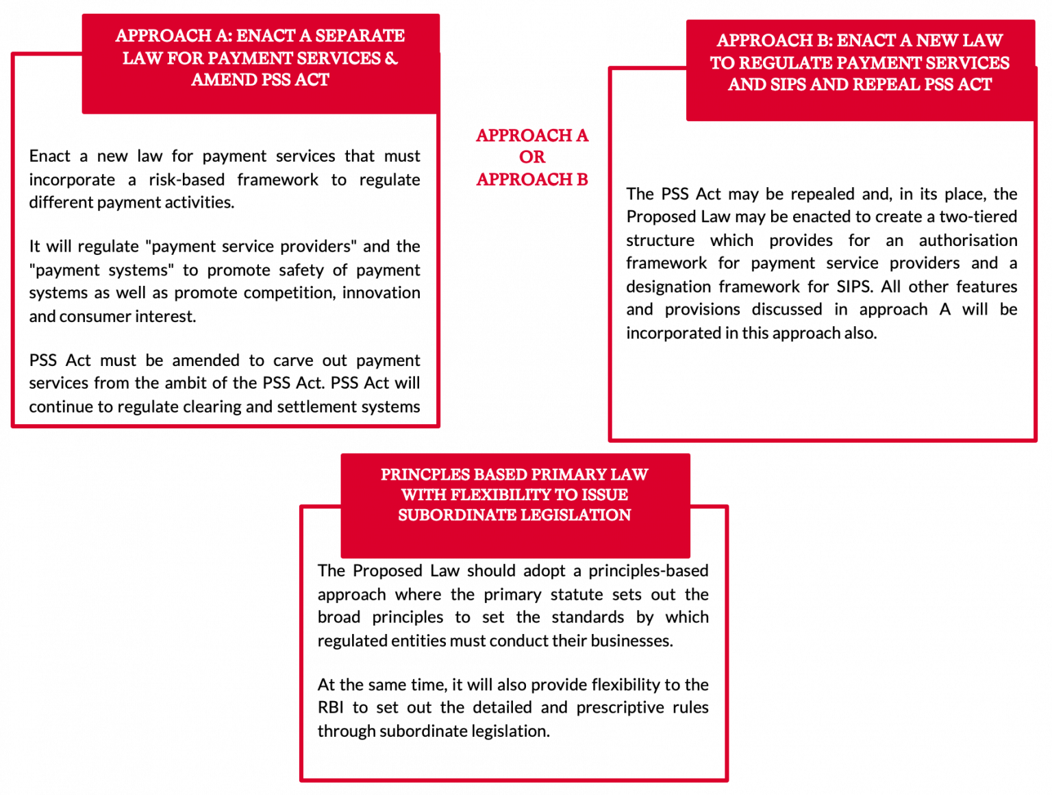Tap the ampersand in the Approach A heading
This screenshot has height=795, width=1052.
pyautogui.click(x=391, y=58)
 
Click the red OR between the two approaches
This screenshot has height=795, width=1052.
pyautogui.click(x=532, y=158)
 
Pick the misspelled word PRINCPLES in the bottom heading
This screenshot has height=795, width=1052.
pyautogui.click(x=421, y=475)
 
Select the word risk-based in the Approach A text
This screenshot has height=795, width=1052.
pyautogui.click(x=186, y=180)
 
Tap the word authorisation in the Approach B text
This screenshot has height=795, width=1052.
pyautogui.click(x=968, y=241)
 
